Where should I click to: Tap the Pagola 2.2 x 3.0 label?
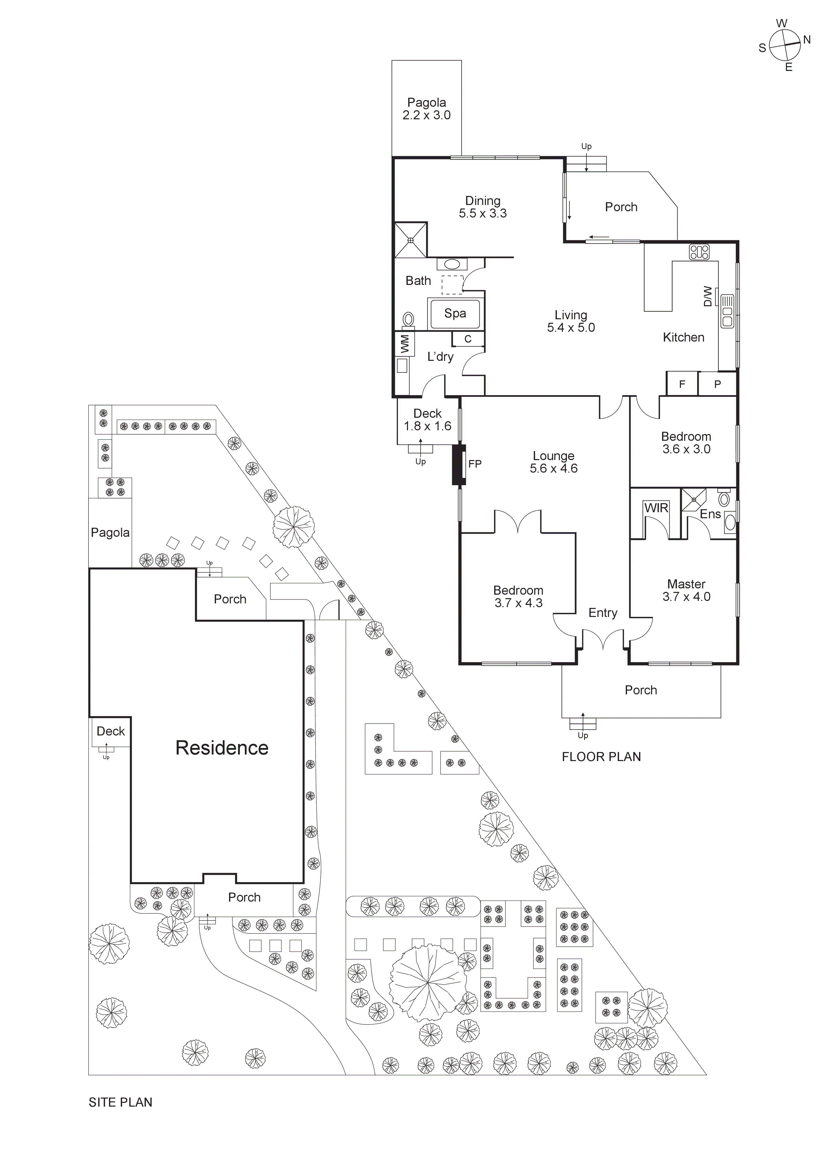tap(427, 109)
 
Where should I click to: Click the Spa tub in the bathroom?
tap(455, 313)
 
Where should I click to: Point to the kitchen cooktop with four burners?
tap(699, 252)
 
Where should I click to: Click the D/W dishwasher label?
tap(708, 296)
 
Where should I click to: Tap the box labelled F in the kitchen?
tap(682, 384)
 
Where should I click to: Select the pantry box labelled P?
tap(717, 384)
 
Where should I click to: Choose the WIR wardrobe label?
tap(656, 508)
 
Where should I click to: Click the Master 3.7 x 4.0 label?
tap(686, 590)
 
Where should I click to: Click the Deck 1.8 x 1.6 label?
tap(428, 420)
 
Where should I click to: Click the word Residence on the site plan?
tap(222, 748)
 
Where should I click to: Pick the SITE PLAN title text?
tap(120, 1102)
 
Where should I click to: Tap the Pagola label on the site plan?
tap(110, 533)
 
